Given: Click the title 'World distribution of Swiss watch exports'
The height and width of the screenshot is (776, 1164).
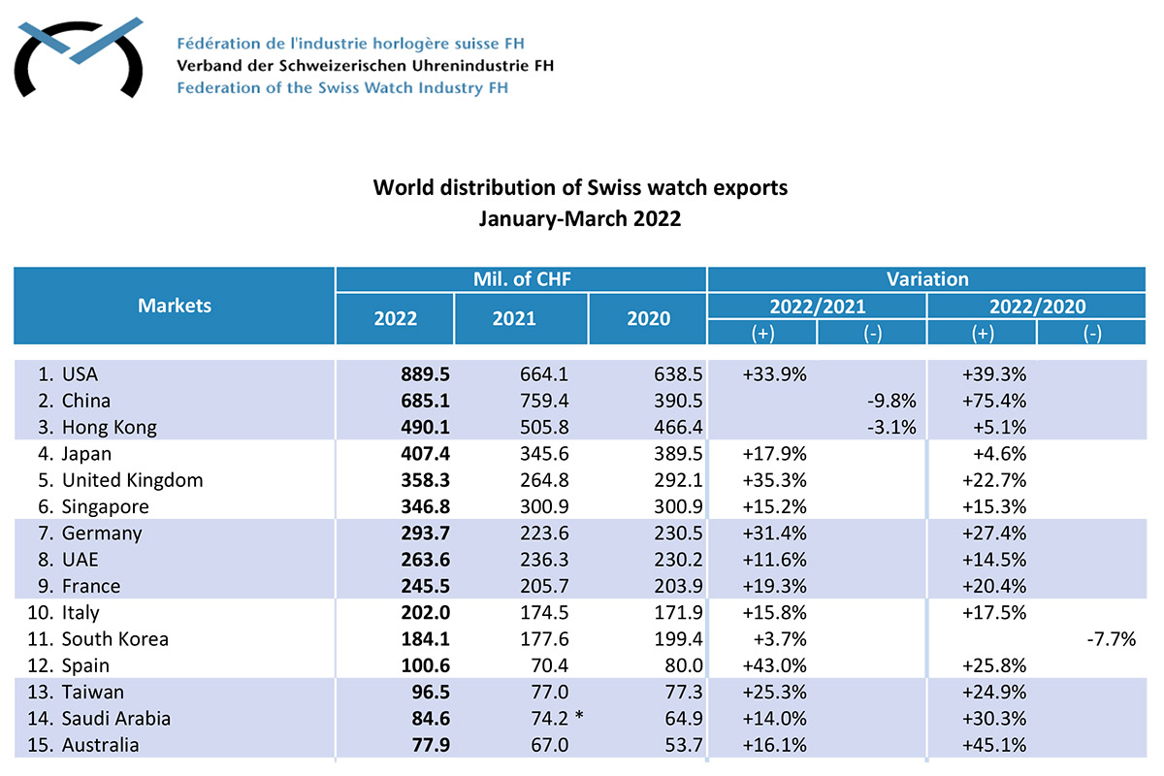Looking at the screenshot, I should [x=580, y=187].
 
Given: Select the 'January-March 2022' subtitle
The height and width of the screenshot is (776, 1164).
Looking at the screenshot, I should [x=580, y=218].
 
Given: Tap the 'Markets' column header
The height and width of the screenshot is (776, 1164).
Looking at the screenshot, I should [x=175, y=306].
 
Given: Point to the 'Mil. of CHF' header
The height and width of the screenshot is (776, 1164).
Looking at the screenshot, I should [x=521, y=279].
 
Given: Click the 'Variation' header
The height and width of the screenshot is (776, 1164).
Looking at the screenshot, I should [x=927, y=279].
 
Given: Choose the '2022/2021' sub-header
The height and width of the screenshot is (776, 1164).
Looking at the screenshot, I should [x=817, y=307].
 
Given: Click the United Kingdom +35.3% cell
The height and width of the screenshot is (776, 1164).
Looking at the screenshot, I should [x=773, y=480].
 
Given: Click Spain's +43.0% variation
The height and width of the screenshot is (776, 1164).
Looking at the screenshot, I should [x=773, y=665].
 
